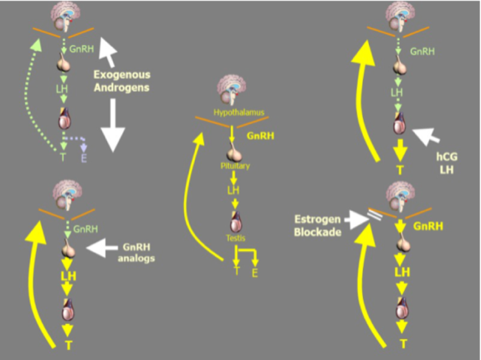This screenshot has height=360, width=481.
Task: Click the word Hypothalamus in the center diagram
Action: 239,112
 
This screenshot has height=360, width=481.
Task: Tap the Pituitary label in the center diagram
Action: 235,166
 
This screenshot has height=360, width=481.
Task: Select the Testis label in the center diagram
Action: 235,238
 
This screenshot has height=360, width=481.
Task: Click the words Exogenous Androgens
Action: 122,81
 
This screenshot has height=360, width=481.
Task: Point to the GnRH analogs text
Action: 137,252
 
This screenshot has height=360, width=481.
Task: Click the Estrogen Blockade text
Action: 318,225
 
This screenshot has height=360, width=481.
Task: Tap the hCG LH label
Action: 447,163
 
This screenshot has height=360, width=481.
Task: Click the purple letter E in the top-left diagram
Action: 84,158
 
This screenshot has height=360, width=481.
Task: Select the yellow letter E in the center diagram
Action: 255,272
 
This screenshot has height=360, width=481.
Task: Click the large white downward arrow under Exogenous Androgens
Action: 113,125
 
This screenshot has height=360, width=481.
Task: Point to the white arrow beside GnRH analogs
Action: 102,247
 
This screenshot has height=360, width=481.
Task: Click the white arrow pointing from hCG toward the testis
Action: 426,136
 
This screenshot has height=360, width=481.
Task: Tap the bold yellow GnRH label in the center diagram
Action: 261,136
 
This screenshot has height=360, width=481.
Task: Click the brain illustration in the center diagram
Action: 232,91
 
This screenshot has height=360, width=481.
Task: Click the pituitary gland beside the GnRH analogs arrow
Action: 68,248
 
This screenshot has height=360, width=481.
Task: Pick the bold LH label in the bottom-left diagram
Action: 68,276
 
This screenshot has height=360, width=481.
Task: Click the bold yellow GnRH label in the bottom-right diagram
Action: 428,226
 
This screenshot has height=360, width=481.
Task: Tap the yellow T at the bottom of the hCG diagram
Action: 400,170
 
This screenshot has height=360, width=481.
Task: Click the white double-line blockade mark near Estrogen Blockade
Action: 375,216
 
